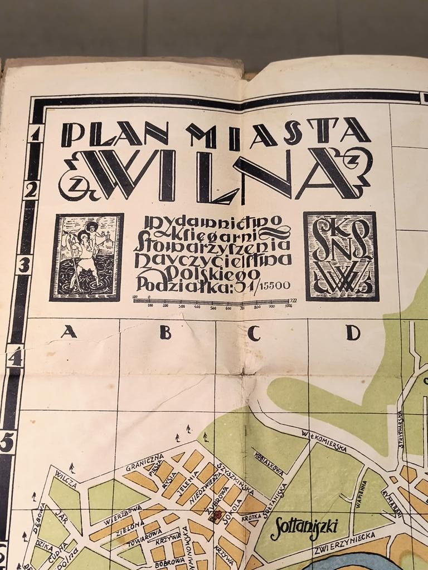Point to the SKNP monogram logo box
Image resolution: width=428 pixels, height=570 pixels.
coord(341,256)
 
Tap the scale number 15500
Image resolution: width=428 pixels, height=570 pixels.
coord(273,286)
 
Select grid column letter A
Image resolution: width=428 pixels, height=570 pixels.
coord(69,332)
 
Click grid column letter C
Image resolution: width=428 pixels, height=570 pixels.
coord(254,333)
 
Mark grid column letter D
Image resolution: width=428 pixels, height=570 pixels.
coord(352,333)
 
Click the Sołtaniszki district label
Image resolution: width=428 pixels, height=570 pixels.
coord(304,529)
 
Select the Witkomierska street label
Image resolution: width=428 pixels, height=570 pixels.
coord(324,440)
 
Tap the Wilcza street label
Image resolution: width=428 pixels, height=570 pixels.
coord(66,479)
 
